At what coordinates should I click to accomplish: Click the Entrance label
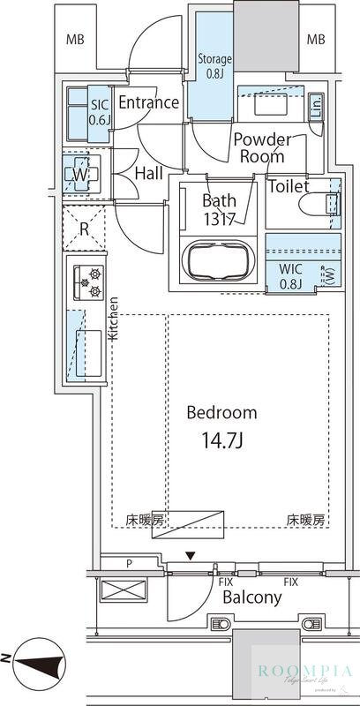coord(148,102)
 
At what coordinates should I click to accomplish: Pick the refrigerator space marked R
coord(85,227)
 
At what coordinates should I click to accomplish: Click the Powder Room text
coord(262,147)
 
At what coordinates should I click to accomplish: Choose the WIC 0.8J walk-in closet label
coord(291,277)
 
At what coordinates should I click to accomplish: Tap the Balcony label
coord(251,597)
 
